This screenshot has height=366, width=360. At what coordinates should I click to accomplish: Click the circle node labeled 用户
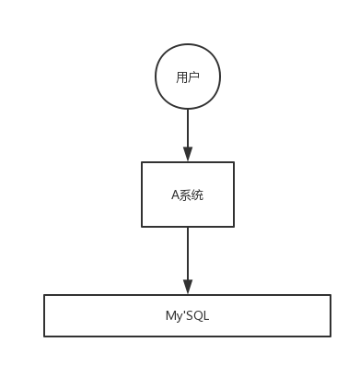tap(187, 77)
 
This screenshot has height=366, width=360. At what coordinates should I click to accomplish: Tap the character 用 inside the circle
tap(181, 77)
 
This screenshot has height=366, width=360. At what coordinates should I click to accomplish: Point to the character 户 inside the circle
tap(192, 77)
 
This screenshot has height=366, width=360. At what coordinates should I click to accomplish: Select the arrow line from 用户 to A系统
tap(187, 129)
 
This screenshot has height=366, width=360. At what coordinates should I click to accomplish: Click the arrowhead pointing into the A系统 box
tap(187, 155)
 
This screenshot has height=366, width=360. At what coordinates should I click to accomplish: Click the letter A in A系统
tap(175, 195)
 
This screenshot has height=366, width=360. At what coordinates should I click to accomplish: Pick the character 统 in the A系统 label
tap(197, 195)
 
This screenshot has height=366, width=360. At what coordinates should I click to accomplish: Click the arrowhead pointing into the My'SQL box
tap(187, 287)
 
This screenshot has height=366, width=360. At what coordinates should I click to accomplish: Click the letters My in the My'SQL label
tap(161, 315)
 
